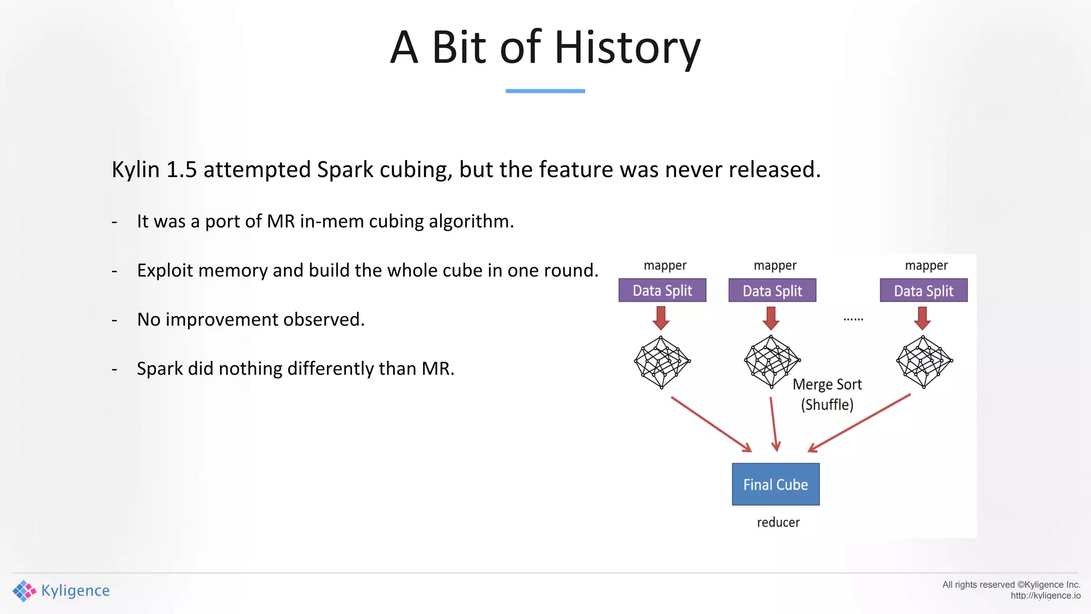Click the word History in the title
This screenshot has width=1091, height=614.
[627, 48]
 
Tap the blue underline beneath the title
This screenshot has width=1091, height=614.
[545, 91]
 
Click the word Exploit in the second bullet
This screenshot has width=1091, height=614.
[165, 270]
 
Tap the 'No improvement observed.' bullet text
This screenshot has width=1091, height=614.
[250, 319]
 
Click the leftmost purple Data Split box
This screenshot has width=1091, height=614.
[662, 290]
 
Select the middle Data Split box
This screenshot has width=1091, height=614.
[772, 290]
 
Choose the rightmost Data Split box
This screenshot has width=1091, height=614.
[923, 290]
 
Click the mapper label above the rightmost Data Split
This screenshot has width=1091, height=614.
[926, 265]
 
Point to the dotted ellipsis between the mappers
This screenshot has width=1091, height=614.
[853, 319]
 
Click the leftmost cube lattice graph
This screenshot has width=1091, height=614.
[662, 362]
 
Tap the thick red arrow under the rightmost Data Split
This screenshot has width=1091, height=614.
[922, 318]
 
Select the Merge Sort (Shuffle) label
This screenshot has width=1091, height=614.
[827, 394]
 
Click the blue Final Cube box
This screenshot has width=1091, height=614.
[775, 484]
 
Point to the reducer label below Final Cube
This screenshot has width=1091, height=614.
[778, 522]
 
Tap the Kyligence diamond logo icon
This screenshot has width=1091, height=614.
[24, 591]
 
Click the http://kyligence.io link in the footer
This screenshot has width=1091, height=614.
[1045, 596]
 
